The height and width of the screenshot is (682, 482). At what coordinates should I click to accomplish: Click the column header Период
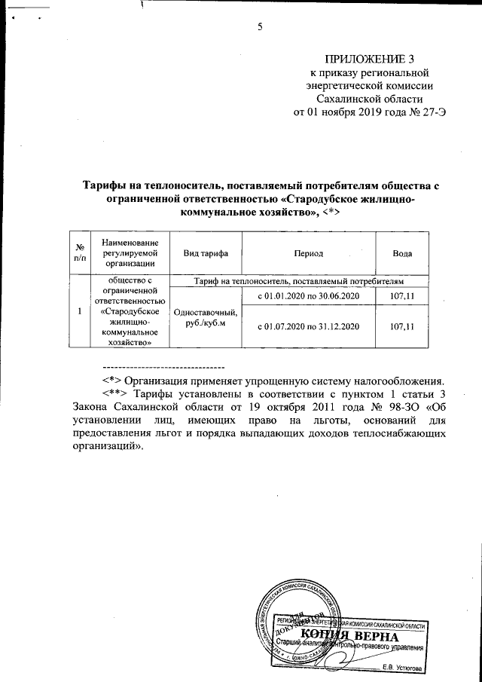pyautogui.click(x=310, y=252)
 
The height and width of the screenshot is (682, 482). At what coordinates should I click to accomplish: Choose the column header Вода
pyautogui.click(x=401, y=252)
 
